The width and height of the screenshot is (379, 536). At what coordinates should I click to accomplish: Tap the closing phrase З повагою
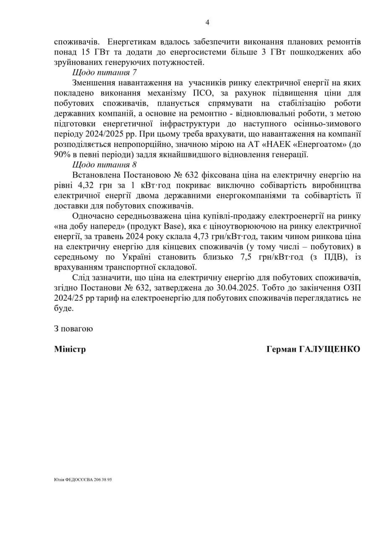[x=73, y=328]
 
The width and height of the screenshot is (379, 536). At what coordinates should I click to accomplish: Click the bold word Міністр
[x=70, y=349]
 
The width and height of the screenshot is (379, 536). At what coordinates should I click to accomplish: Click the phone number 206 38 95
[x=102, y=480]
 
